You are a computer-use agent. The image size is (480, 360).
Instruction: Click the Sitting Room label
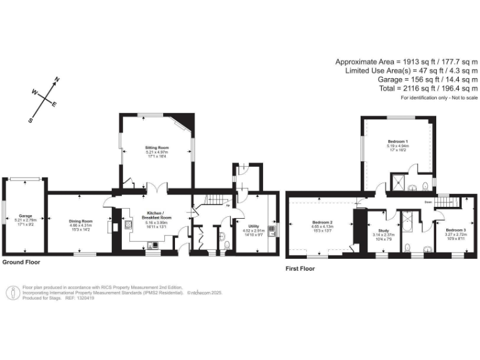(x=157, y=147)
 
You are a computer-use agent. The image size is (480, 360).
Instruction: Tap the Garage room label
(x=25, y=216)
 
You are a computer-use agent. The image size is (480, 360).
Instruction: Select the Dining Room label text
(x=81, y=221)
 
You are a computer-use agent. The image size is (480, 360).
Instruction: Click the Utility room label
(x=253, y=227)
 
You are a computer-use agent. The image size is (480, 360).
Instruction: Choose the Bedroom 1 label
(x=397, y=142)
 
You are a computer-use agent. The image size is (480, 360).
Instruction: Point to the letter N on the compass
(x=57, y=79)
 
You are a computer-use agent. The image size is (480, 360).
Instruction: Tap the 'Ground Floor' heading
(x=22, y=262)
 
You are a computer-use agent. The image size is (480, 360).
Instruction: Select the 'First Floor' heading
(x=301, y=269)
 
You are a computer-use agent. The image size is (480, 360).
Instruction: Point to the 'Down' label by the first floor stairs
(x=428, y=202)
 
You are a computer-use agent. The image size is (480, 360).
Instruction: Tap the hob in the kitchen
(x=128, y=224)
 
